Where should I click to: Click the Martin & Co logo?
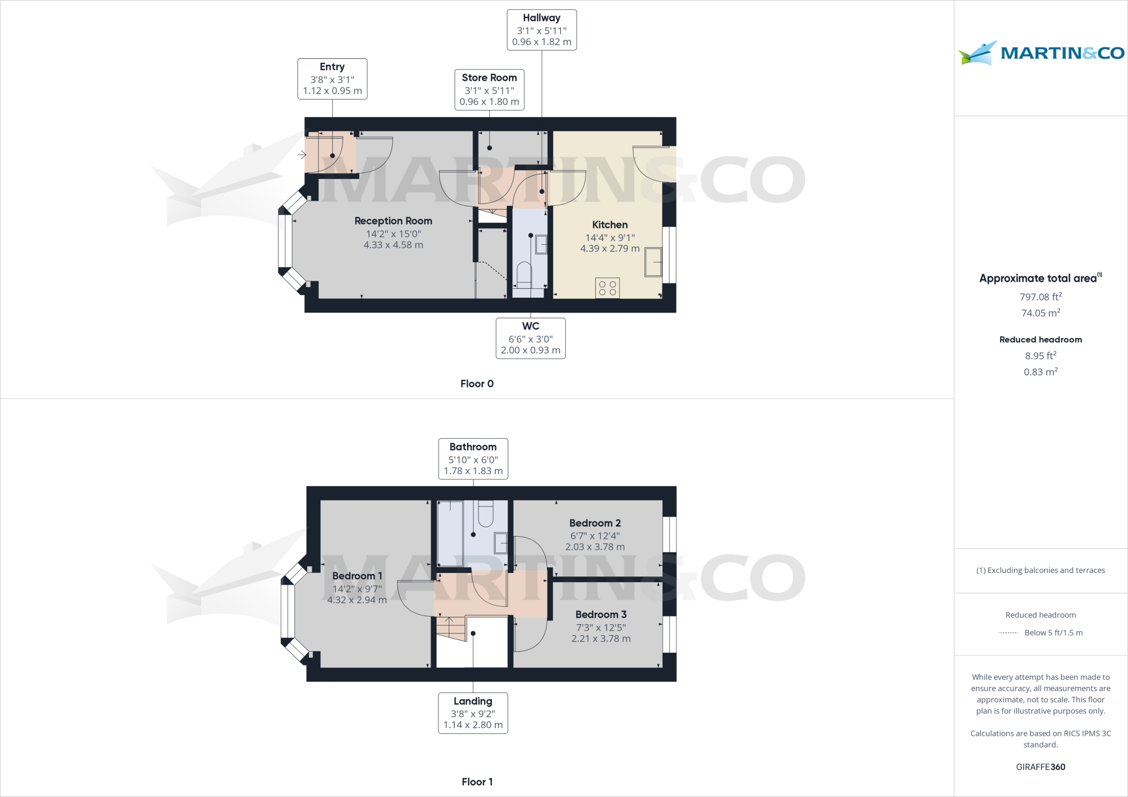pos(1040,53)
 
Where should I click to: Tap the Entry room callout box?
pos(332,79)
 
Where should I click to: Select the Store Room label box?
pos(489,90)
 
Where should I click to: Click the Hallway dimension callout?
pos(541,30)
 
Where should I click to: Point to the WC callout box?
pos(530,338)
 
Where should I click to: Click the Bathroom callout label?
pos(473,458)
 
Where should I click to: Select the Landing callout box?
pos(473,713)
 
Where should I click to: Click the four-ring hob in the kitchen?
pos(607,288)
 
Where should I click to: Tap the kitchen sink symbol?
pos(653,262)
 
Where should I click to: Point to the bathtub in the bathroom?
pos(450,532)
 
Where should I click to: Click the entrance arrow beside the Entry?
pos(302,155)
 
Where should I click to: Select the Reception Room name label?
pos(393,221)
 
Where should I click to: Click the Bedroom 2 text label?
pos(595,523)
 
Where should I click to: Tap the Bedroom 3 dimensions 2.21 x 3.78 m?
pos(600,638)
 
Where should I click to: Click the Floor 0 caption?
pos(477,384)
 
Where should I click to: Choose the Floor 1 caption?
pos(477,782)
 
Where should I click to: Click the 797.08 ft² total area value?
pos(1040,297)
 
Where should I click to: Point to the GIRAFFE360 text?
pos(1040,767)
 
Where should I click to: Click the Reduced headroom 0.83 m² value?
pos(1040,372)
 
